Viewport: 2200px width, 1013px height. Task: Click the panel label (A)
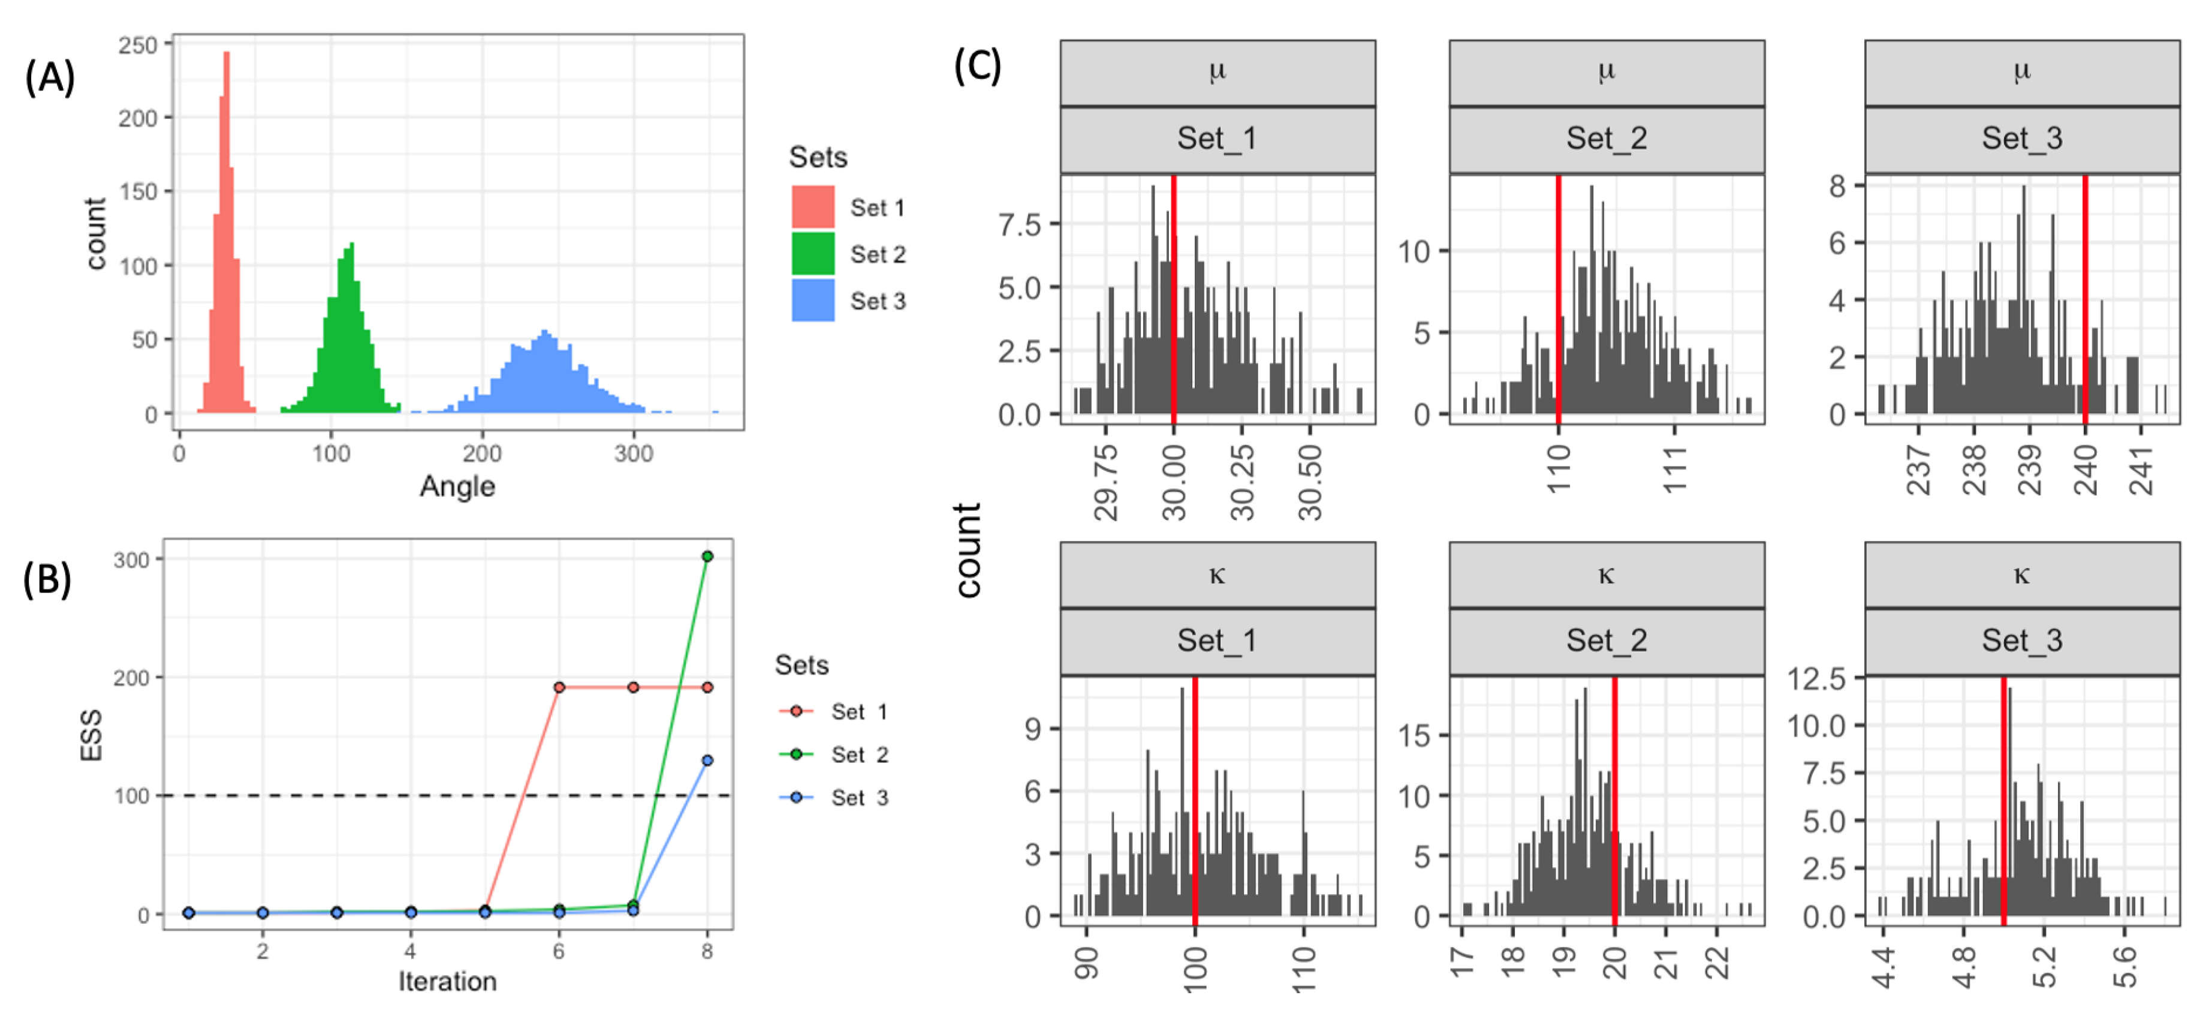click(x=50, y=78)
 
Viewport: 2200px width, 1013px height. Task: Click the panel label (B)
click(x=47, y=579)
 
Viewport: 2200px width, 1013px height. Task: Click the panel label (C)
click(x=977, y=66)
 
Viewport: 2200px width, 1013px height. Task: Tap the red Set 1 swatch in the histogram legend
click(x=812, y=207)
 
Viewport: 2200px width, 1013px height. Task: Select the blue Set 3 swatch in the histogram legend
click(x=812, y=300)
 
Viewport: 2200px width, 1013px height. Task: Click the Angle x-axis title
click(x=457, y=486)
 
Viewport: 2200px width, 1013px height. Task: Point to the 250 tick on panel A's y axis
click(x=138, y=45)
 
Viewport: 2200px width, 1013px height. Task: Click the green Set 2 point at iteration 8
click(x=707, y=556)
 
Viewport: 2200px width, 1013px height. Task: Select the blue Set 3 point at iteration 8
click(x=707, y=760)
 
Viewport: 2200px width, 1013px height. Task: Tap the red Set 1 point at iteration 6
click(x=559, y=687)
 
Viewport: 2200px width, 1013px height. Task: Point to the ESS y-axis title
click(x=91, y=735)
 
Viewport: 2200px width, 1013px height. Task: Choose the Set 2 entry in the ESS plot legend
click(x=859, y=754)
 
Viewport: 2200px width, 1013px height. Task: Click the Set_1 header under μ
click(x=1217, y=139)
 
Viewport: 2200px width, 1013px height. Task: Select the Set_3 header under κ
click(x=2021, y=640)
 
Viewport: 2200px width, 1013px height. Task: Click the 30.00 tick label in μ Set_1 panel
click(x=1174, y=483)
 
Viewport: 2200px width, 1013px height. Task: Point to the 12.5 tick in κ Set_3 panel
click(x=1816, y=679)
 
